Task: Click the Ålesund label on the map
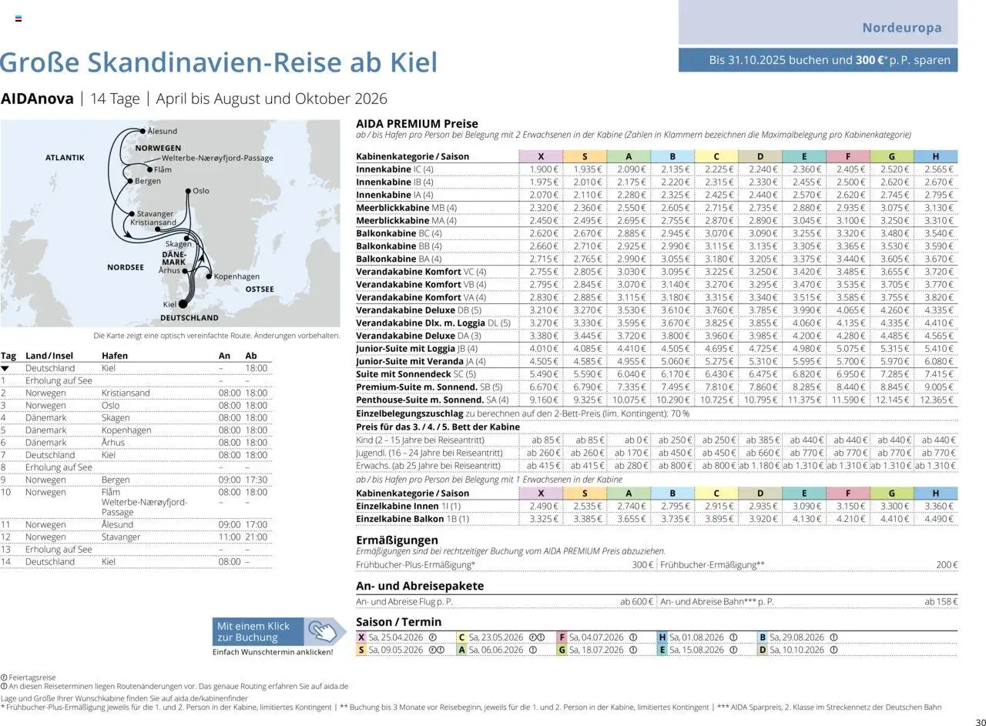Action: pyautogui.click(x=162, y=132)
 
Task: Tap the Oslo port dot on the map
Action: pyautogui.click(x=188, y=190)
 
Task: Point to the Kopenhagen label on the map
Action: pyautogui.click(x=236, y=276)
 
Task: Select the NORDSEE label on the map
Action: pyautogui.click(x=126, y=268)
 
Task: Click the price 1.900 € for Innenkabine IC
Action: pyautogui.click(x=544, y=169)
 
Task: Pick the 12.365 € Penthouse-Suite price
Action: pyautogui.click(x=936, y=400)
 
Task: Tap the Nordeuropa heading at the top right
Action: pyautogui.click(x=901, y=28)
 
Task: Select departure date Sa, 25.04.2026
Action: pyautogui.click(x=396, y=637)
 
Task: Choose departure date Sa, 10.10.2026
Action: pyautogui.click(x=797, y=650)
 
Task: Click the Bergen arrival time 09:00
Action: pyautogui.click(x=230, y=480)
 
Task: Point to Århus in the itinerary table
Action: pyautogui.click(x=113, y=443)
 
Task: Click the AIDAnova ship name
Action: pyautogui.click(x=37, y=99)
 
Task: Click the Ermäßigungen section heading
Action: pyautogui.click(x=397, y=540)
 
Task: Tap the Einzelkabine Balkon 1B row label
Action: pyautogui.click(x=412, y=519)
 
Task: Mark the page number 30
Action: pyautogui.click(x=979, y=721)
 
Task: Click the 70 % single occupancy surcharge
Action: pyautogui.click(x=680, y=413)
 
